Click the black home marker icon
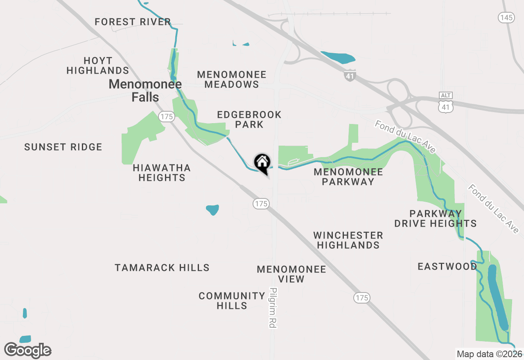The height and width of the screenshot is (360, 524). (262, 163)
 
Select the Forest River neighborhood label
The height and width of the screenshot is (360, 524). (133, 22)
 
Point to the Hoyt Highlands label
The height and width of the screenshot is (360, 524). (98, 65)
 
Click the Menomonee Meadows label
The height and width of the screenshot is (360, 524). (232, 79)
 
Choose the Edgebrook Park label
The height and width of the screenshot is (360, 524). (249, 119)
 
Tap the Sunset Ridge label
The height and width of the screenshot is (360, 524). (63, 147)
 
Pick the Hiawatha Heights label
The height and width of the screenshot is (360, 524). (162, 173)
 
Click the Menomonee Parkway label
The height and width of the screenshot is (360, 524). (348, 177)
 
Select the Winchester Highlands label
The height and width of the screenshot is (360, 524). (348, 240)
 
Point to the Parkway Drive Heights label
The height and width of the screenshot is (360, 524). (436, 218)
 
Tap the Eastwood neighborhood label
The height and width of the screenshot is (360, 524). (447, 267)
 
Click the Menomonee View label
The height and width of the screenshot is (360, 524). (291, 274)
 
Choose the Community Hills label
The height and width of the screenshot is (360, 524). (232, 301)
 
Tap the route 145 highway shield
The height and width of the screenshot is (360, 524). (506, 18)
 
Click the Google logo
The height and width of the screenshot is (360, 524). (28, 351)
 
